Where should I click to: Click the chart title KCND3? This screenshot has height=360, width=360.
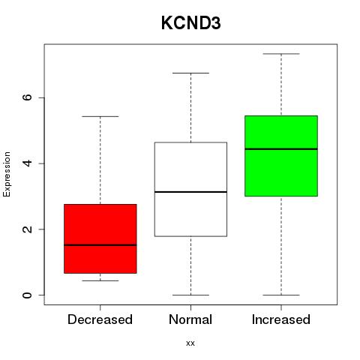190,23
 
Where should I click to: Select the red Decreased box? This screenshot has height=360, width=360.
100,238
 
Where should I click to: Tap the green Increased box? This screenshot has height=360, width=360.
281,156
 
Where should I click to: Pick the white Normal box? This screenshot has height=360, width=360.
190,189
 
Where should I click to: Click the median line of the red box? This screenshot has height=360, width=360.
100,245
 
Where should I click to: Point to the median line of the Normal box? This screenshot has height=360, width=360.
190,192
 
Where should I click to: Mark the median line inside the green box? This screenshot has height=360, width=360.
281,149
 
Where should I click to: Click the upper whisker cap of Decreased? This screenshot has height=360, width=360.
100,116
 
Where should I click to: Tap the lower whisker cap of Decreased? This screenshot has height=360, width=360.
100,280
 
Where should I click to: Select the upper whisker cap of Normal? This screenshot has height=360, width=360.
190,73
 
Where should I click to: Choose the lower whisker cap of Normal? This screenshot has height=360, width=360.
190,295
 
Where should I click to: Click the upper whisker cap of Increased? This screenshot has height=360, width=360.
281,54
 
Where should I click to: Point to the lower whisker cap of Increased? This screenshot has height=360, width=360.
281,295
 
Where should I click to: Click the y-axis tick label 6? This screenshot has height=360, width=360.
27,97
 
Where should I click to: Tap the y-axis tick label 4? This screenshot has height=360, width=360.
27,163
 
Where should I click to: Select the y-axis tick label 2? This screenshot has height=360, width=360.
27,229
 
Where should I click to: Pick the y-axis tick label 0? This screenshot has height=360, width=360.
27,295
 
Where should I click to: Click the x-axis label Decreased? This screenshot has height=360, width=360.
100,319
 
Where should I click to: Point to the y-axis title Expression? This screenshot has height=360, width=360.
7,174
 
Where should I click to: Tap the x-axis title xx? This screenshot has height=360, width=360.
190,343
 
